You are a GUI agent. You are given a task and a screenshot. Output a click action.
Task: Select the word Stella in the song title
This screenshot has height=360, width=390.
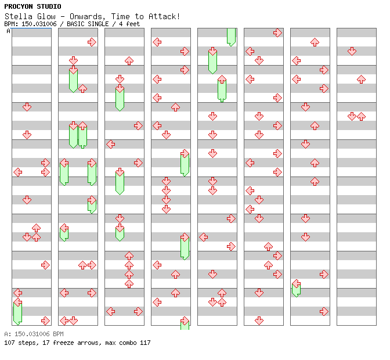16,16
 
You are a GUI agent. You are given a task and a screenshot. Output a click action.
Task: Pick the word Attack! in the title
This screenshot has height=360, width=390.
165,16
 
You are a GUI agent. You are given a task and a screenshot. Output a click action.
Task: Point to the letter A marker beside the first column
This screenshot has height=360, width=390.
9,31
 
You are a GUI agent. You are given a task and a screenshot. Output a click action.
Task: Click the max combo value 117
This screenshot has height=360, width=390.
145,343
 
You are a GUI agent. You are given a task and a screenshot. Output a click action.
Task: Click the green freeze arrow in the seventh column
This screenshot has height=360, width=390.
296,288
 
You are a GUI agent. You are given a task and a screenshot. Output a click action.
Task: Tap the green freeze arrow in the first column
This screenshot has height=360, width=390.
17,312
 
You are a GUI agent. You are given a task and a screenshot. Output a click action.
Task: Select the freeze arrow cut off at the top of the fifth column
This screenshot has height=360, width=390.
231,36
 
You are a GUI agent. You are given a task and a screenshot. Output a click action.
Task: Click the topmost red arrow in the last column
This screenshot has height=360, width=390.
352,51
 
